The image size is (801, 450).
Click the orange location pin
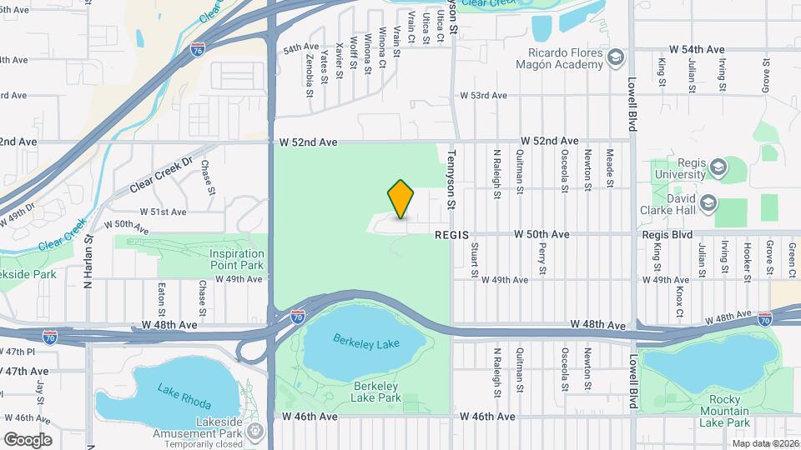point(401,200)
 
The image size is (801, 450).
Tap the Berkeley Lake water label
point(366,342)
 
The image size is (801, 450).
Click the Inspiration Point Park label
point(236,259)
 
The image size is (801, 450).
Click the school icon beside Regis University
point(717,168)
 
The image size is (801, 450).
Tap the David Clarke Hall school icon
point(708,202)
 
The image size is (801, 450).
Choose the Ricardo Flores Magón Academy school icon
point(617,57)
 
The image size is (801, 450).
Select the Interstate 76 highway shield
point(197,50)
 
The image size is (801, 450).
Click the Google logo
point(27,439)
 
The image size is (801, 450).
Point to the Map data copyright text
point(765,443)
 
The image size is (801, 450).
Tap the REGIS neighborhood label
point(453,236)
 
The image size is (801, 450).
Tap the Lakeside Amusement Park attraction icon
point(256,432)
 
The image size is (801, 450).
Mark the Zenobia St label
point(309,71)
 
